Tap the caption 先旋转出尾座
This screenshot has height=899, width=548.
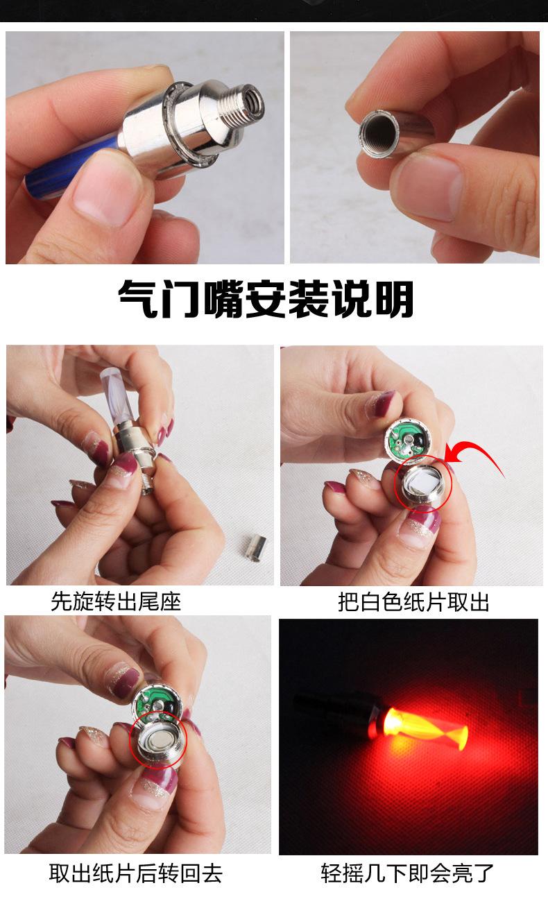116,601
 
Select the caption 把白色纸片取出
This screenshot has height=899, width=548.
413,601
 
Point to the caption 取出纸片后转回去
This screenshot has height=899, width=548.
135,873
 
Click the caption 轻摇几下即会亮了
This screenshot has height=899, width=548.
408,873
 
